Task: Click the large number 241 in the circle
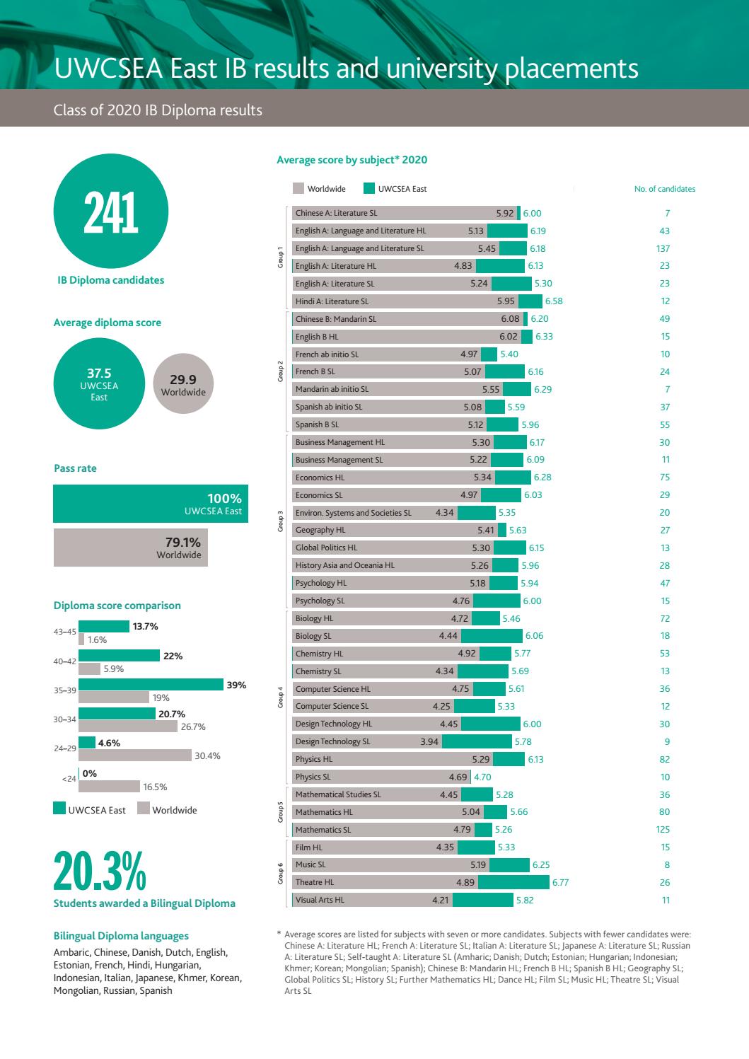tap(111, 214)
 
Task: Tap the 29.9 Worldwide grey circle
tap(183, 385)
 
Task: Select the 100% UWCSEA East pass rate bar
tap(151, 504)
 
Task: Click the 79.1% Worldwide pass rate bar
tap(131, 548)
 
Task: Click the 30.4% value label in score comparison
tap(207, 756)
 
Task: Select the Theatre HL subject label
tap(315, 882)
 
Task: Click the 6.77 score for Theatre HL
tap(560, 882)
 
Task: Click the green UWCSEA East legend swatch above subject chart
tap(368, 189)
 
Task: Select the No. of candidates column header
tap(664, 189)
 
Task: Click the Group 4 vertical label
tap(280, 698)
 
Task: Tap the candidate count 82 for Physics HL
tap(664, 759)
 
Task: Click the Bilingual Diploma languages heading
tap(121, 936)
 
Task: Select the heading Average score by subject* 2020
tap(352, 160)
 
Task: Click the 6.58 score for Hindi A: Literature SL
tap(554, 301)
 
